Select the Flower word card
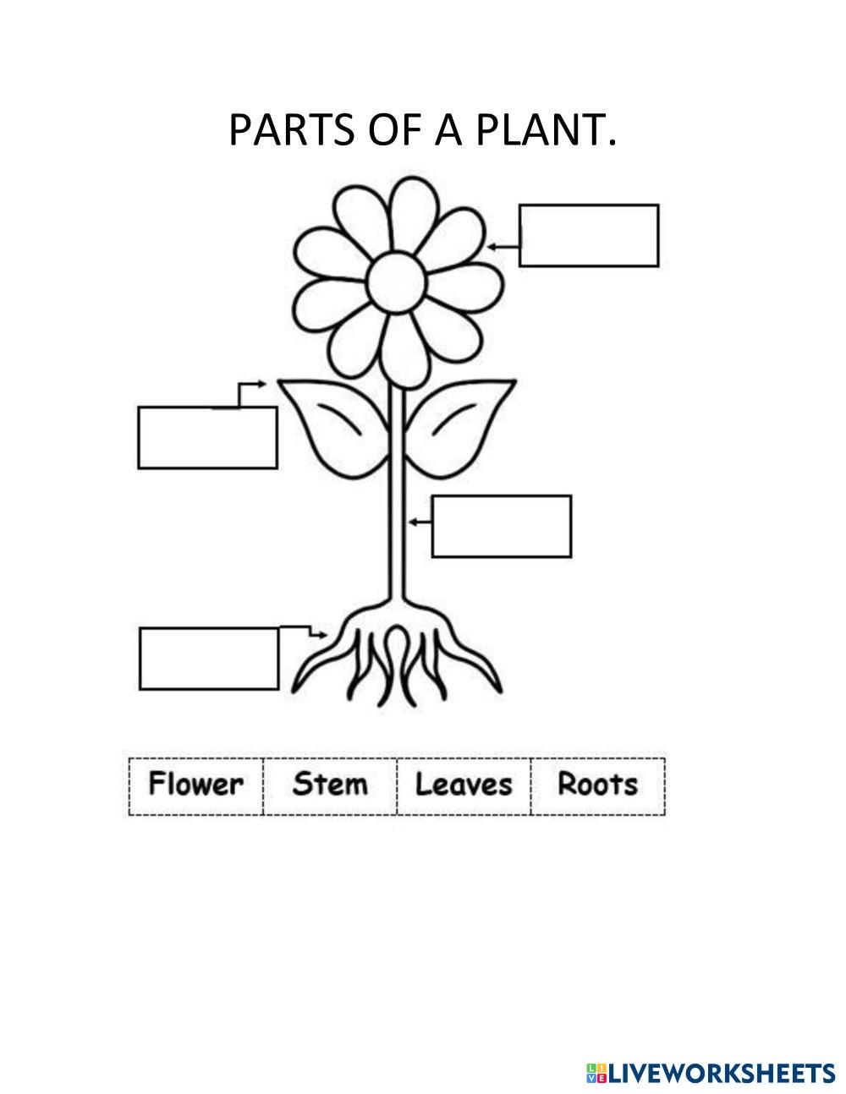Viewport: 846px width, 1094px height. pos(195,785)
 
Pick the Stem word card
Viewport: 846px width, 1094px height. pos(330,785)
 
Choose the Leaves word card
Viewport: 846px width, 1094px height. pos(464,785)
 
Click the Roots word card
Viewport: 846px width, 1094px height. pos(597,785)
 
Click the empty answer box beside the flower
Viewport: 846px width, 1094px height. pos(589,235)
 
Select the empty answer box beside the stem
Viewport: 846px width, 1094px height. pos(502,526)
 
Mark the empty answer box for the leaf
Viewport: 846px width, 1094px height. pos(207,437)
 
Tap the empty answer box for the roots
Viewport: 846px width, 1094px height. pos(209,658)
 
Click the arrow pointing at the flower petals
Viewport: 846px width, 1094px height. pos(503,247)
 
